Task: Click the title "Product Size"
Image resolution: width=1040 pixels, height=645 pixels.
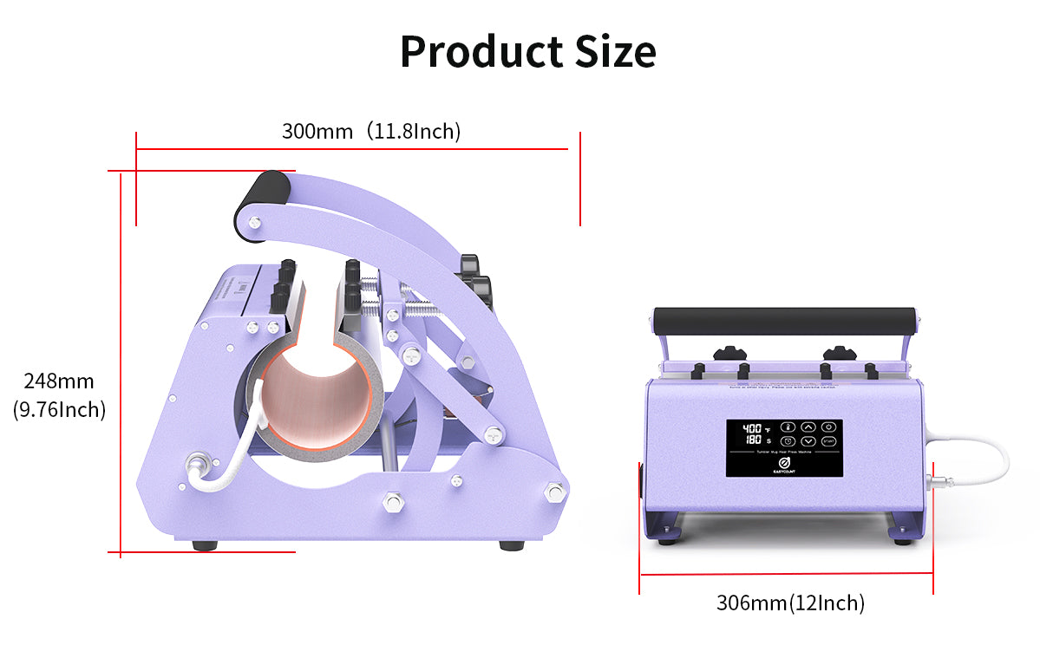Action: click(x=527, y=52)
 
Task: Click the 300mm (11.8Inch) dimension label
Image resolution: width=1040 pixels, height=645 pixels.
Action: click(x=370, y=132)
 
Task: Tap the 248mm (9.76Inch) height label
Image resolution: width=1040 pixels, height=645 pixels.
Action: click(x=59, y=394)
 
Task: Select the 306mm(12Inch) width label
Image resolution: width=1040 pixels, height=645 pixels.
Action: click(x=790, y=603)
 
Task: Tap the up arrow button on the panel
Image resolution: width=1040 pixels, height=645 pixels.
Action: click(x=808, y=427)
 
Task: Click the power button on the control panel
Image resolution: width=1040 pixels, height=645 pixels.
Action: click(x=828, y=427)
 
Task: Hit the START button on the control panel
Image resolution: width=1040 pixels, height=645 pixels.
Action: click(x=828, y=442)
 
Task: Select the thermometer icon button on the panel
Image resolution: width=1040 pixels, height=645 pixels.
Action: click(x=787, y=427)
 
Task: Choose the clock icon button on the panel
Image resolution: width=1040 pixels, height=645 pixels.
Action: click(x=787, y=442)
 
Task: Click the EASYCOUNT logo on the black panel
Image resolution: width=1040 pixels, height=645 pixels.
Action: click(x=784, y=466)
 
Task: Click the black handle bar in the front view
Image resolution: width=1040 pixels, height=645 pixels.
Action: click(x=784, y=315)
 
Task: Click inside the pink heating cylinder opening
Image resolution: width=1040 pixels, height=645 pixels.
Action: click(x=317, y=399)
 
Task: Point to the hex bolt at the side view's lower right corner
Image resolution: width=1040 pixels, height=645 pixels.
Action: click(x=553, y=493)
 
